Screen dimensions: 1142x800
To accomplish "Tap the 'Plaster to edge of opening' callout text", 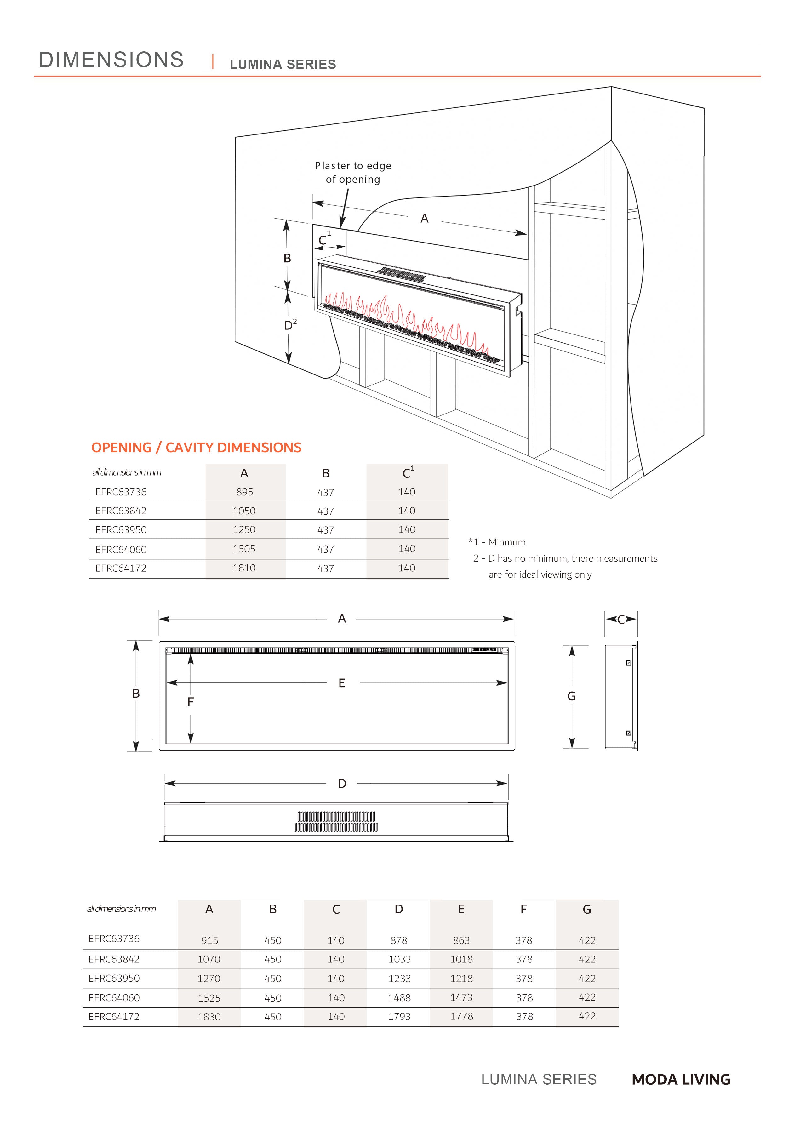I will (x=353, y=172).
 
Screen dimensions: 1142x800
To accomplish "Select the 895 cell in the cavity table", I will (x=244, y=492).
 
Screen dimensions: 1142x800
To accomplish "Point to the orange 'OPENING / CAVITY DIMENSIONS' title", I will (x=196, y=448).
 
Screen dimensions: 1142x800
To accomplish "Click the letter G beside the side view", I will (x=572, y=696).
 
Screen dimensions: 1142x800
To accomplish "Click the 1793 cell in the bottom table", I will (x=399, y=1017).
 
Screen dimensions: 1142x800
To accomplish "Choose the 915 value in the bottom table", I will (x=209, y=940).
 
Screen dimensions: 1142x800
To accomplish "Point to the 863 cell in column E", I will (x=461, y=940).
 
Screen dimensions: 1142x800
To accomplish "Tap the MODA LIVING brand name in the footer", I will (x=681, y=1080).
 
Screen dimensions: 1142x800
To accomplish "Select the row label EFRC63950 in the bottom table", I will (x=114, y=978).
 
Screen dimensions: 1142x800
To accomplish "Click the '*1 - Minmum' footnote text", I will (x=497, y=542).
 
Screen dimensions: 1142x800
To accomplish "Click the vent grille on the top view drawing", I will (x=336, y=822).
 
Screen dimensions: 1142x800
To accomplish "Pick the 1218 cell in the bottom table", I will (x=461, y=978).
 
